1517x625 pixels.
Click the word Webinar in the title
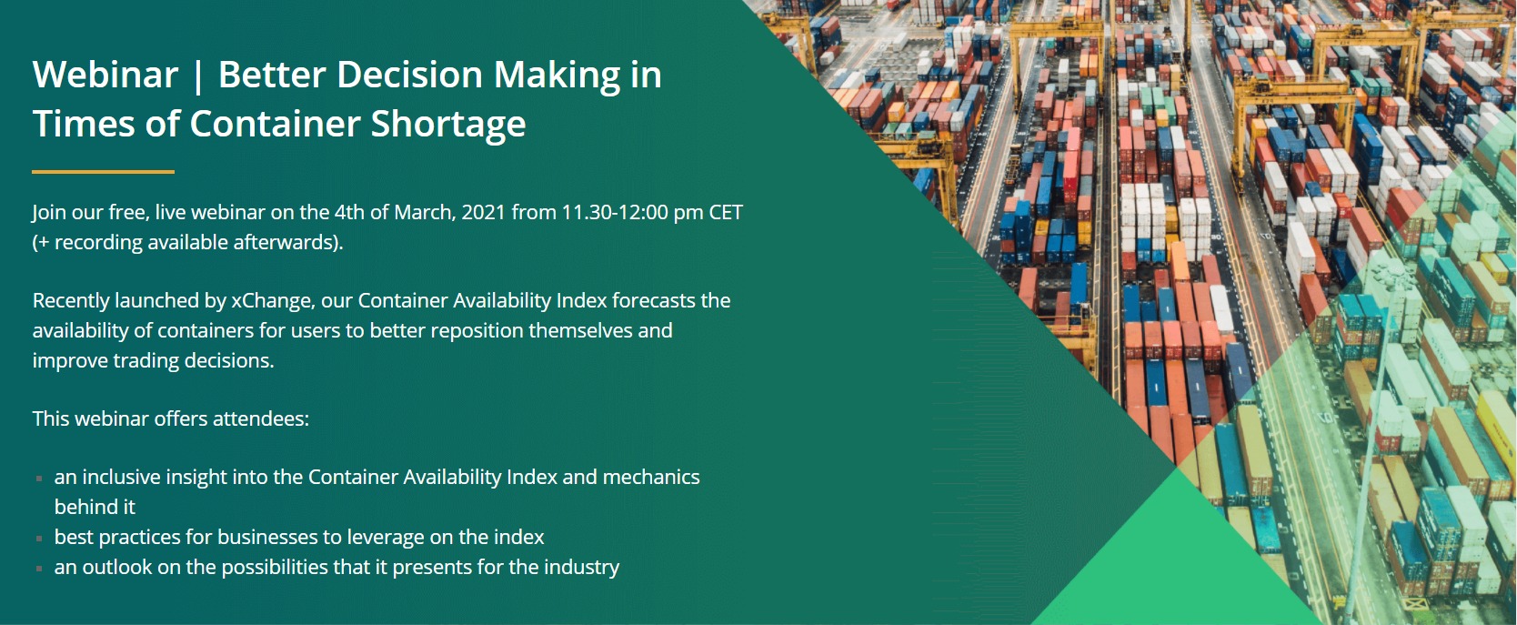(105, 74)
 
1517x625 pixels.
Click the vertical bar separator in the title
(197, 76)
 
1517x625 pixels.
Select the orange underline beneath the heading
(103, 172)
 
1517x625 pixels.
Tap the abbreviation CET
(726, 213)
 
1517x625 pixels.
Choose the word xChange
(273, 300)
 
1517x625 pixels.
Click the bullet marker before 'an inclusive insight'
(40, 479)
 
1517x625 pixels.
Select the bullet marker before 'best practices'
(40, 539)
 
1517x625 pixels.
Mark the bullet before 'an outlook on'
(40, 569)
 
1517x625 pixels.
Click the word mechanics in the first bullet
(651, 477)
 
